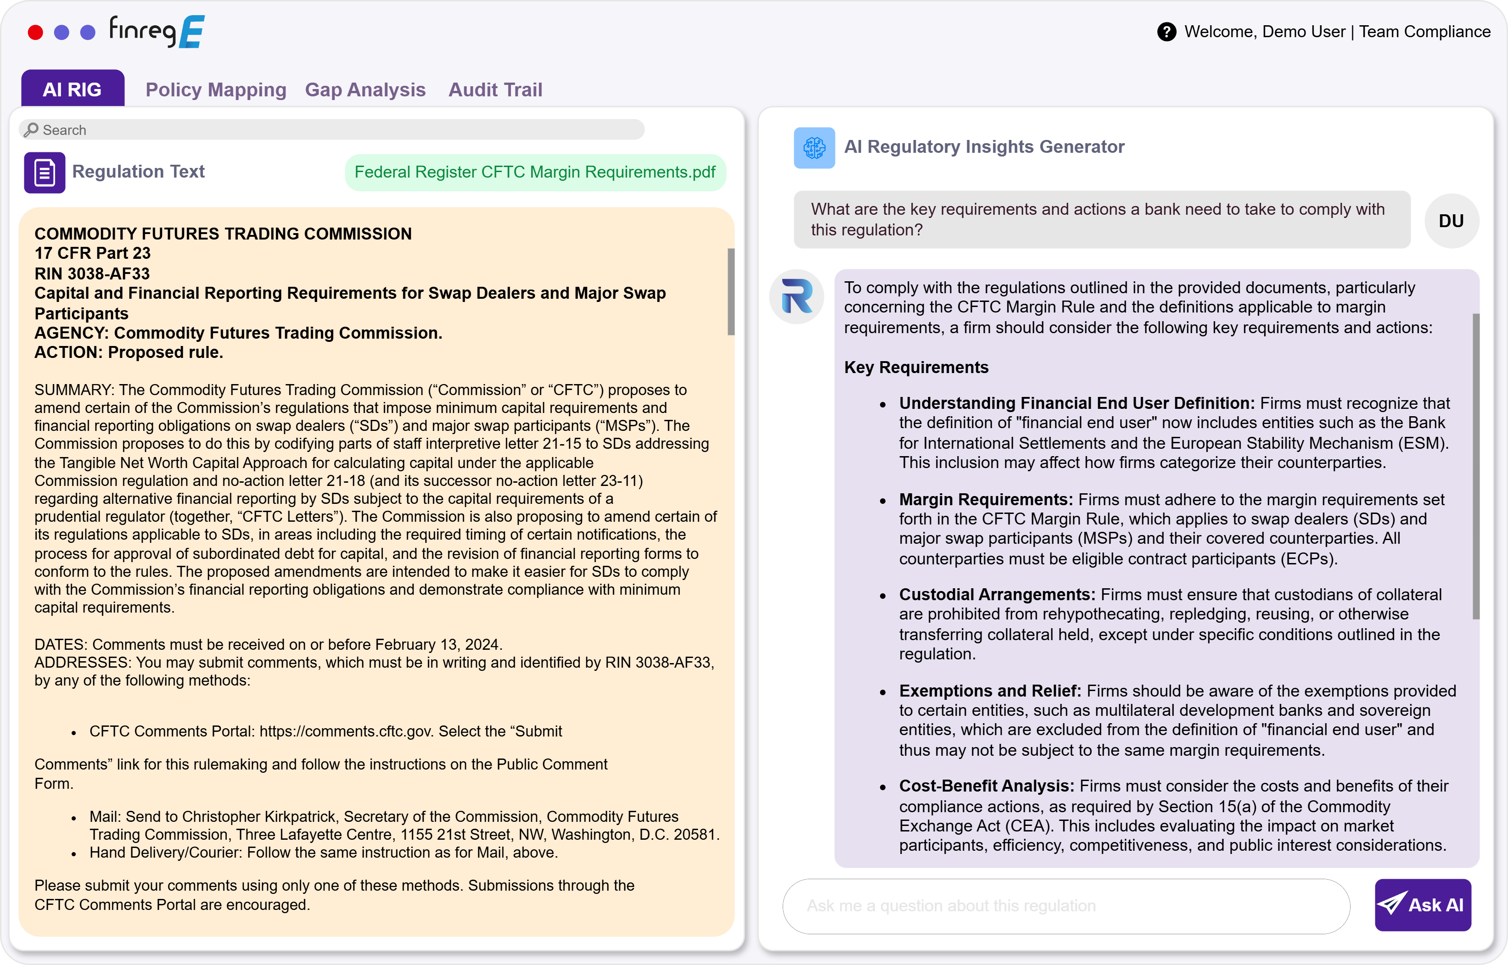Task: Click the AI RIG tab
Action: point(72,89)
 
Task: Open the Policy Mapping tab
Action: point(216,89)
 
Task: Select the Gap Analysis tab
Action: point(365,89)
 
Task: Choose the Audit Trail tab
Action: point(495,89)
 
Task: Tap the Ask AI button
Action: point(1422,905)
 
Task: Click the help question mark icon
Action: point(1166,32)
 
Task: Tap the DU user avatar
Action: point(1451,221)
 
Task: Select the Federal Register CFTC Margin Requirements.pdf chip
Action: point(535,173)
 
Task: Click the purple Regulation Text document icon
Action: point(45,173)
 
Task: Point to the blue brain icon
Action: point(813,148)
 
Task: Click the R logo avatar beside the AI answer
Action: point(796,296)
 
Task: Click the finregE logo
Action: point(157,31)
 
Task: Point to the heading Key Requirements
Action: point(916,367)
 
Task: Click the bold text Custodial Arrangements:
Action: point(997,594)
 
